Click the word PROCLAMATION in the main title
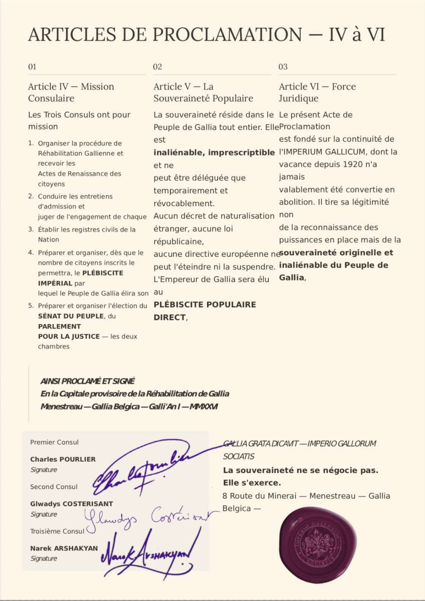pos(228,35)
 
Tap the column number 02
pos(158,66)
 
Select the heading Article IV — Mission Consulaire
pos(71,92)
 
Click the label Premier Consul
pos(54,442)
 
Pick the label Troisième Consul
pos(57,531)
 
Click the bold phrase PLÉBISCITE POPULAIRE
pos(205,304)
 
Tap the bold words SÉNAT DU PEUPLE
pos(71,316)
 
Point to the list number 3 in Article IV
pos(31,229)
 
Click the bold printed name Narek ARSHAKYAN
pos(64,548)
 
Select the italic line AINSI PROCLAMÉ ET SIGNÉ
pos(88,381)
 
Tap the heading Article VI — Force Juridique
pos(317,92)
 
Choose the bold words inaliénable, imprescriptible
pos(214,152)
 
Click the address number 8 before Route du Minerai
pos(225,496)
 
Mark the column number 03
pos(283,66)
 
